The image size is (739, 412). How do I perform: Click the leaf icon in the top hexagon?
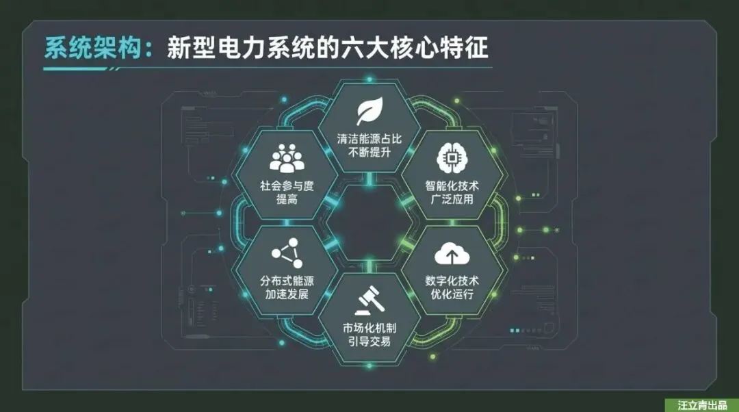pyautogui.click(x=369, y=112)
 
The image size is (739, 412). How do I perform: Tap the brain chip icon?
pyautogui.click(x=452, y=158)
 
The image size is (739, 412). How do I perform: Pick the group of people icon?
pyautogui.click(x=286, y=158)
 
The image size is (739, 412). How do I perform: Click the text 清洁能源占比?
pyautogui.click(x=369, y=138)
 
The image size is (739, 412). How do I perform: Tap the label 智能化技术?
pyautogui.click(x=452, y=185)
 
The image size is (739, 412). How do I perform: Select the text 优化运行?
pyautogui.click(x=452, y=294)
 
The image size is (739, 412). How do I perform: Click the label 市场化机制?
pyautogui.click(x=369, y=327)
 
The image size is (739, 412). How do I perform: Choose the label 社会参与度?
pyautogui.click(x=286, y=185)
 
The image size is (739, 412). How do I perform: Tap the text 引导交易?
pyautogui.click(x=369, y=341)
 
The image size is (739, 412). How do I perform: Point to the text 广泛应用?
pyautogui.click(x=452, y=200)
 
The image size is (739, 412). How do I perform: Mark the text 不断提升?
pyautogui.click(x=369, y=153)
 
